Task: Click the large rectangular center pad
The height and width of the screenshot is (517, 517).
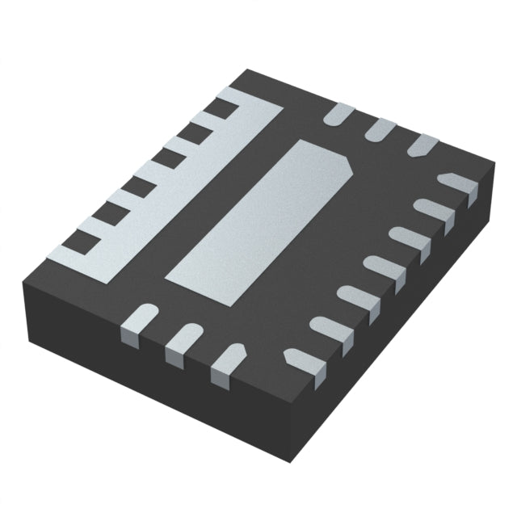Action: (258, 218)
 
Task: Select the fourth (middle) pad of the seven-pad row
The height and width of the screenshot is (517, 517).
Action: (385, 270)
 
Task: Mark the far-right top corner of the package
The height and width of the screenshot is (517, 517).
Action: (494, 166)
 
